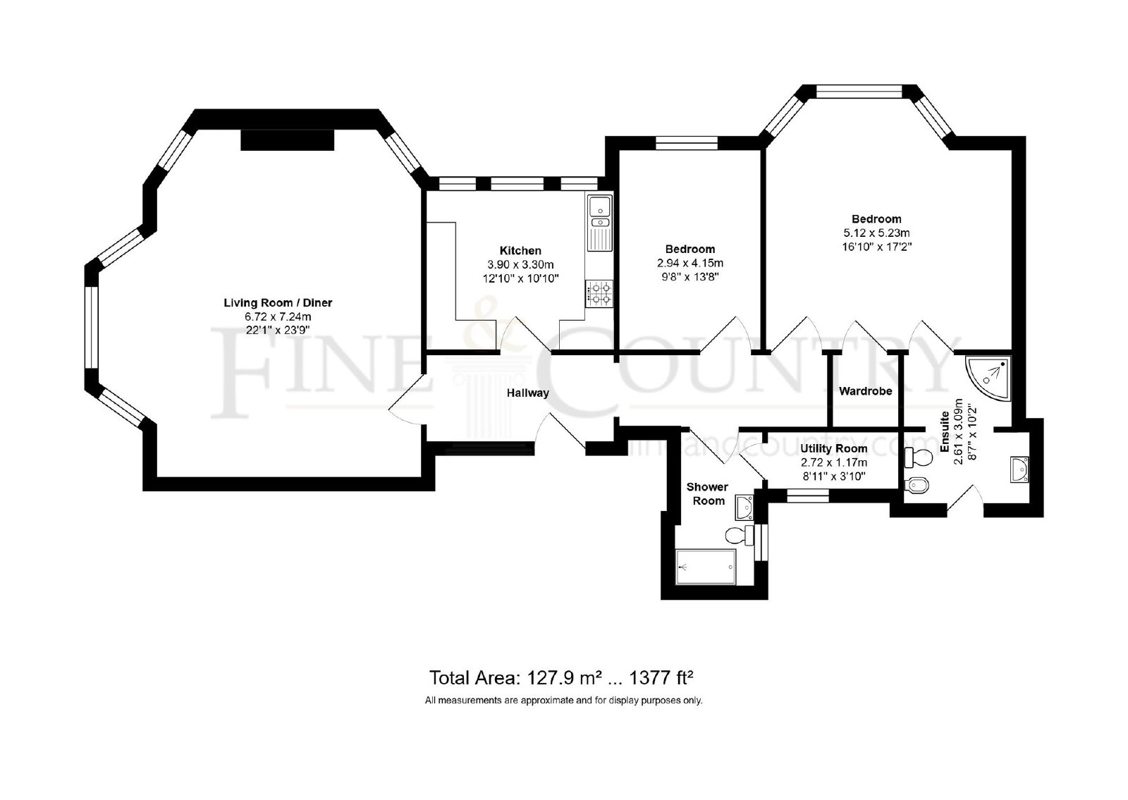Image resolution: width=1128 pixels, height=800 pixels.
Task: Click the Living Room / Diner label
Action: coord(278,302)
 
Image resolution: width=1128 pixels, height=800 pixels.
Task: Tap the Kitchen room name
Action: coord(520,251)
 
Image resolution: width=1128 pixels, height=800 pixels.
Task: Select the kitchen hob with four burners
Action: coord(599,293)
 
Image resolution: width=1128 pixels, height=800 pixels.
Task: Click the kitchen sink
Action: coord(599,223)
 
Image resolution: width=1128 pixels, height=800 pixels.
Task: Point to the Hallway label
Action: coord(528,393)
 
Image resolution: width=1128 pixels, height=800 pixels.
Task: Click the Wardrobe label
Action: coord(866,390)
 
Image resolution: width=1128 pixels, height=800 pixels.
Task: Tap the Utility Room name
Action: coord(834,448)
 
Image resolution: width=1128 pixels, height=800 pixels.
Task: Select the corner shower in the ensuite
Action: coord(988,379)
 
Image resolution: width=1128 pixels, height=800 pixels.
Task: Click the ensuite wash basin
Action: coord(1019,469)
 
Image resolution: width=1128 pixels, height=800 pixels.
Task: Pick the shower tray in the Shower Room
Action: coord(706,567)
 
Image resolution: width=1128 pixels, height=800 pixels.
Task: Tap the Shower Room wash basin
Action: coord(744,507)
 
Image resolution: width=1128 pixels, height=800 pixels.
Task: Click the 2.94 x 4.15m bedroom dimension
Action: coord(690,263)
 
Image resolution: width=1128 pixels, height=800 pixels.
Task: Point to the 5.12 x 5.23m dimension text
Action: coord(877,233)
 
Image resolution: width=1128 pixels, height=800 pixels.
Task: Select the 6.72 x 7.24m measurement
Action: coord(278,316)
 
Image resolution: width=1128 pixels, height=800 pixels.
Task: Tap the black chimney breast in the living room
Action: coord(288,140)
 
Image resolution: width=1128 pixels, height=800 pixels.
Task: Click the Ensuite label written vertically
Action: coord(945,431)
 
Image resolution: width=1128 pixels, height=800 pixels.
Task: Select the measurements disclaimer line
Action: coord(563,701)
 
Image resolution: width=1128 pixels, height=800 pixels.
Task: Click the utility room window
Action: coord(808,496)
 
